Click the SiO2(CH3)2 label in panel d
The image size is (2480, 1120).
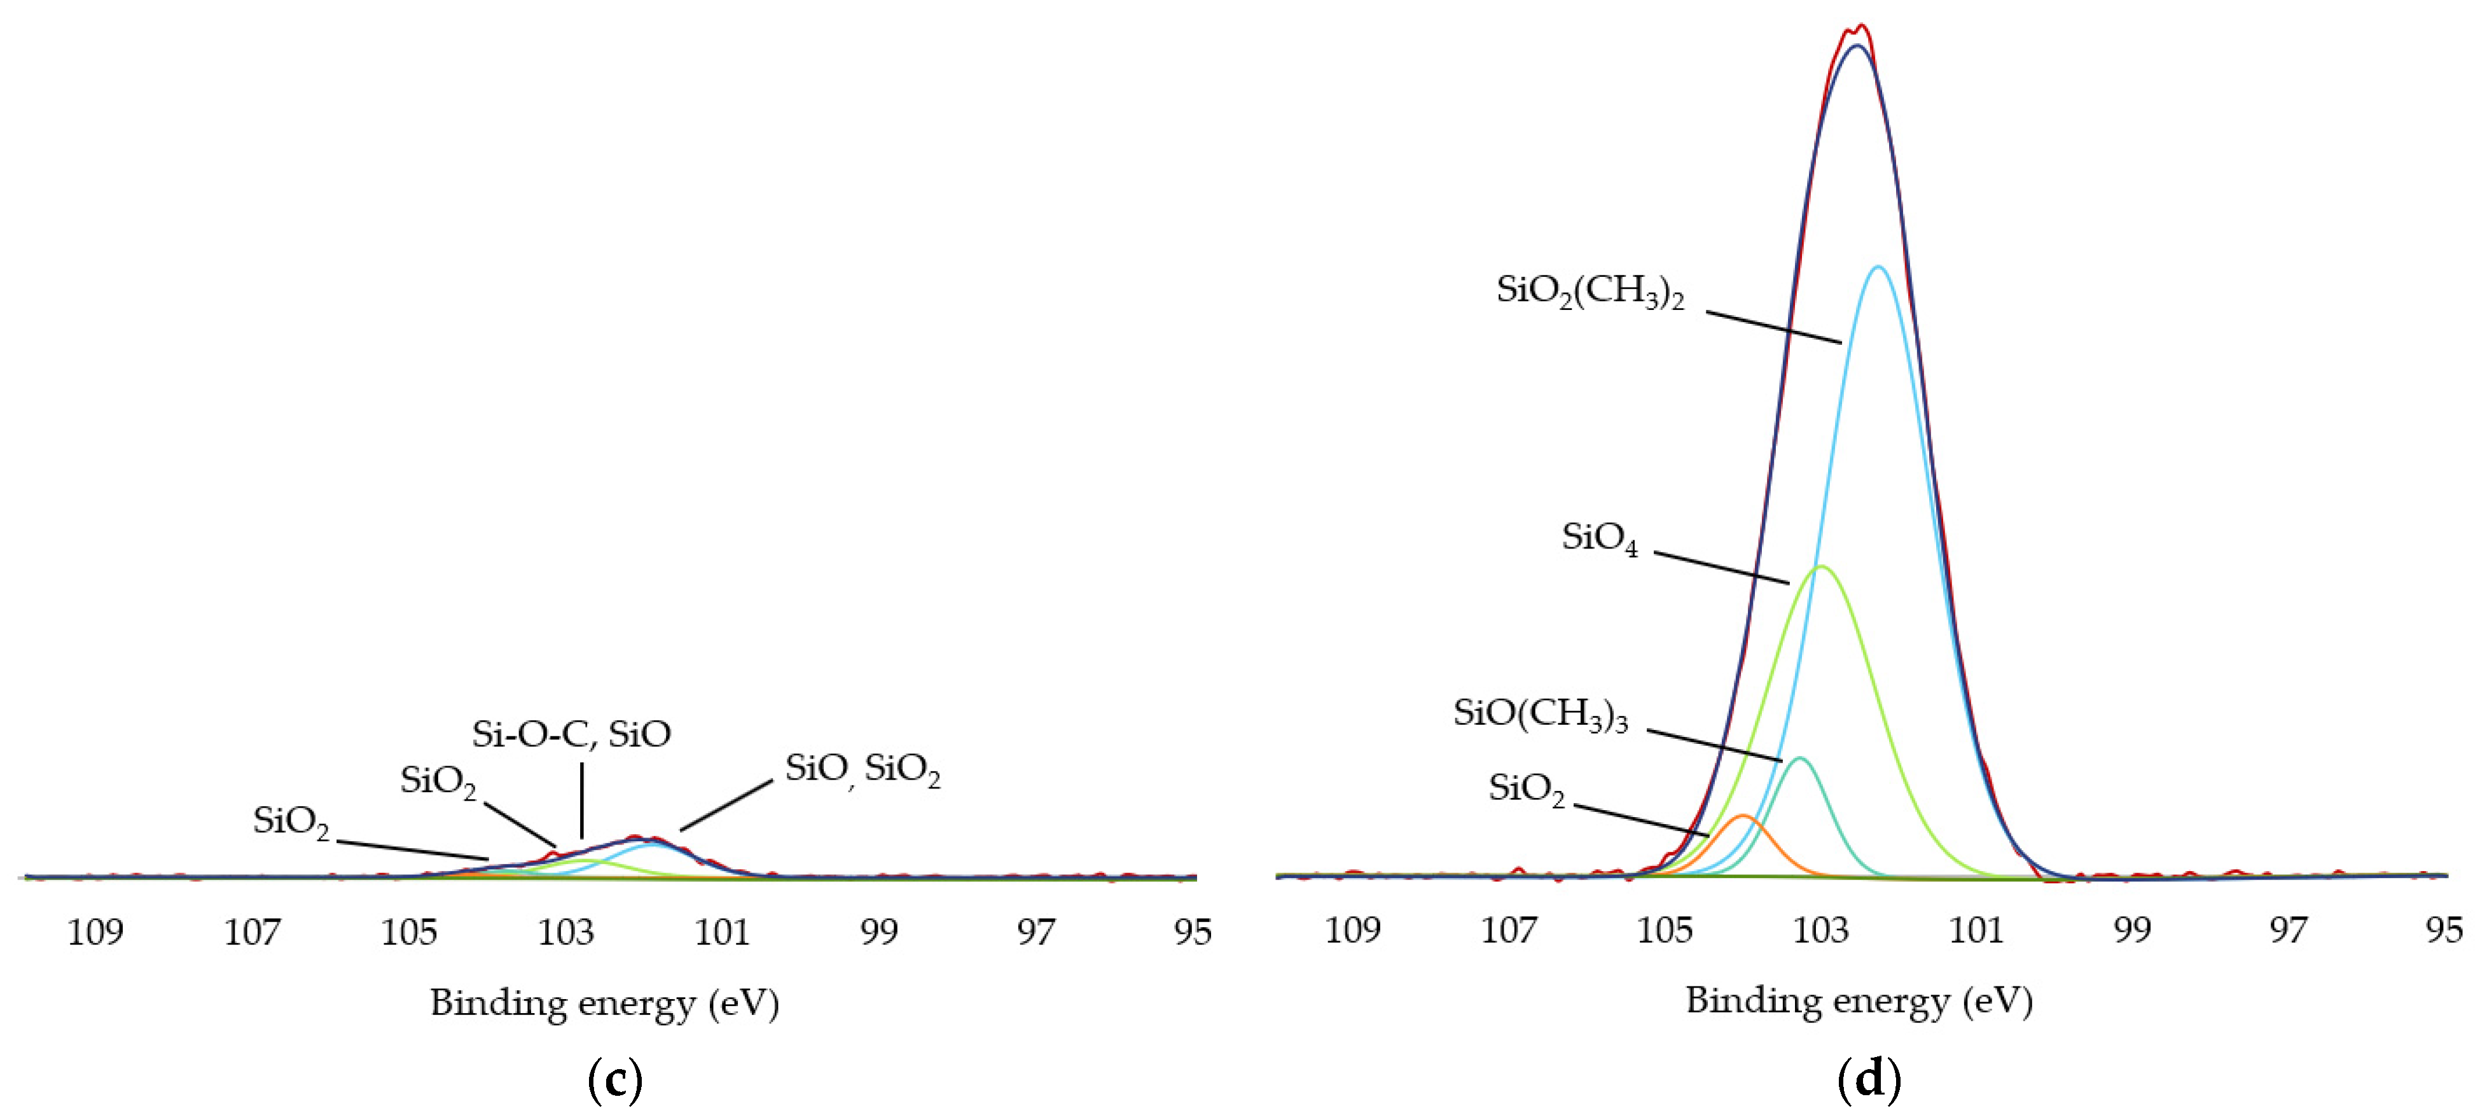(x=1590, y=291)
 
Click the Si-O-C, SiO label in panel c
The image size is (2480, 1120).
(x=571, y=735)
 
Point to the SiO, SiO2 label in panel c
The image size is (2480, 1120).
(x=862, y=769)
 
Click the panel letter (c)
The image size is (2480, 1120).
(x=614, y=1079)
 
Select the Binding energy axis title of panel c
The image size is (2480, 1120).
(x=604, y=1004)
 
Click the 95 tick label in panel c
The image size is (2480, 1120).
(x=1193, y=932)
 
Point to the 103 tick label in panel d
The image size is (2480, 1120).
(x=1820, y=930)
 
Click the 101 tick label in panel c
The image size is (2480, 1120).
(x=722, y=932)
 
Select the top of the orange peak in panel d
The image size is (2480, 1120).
(x=1743, y=816)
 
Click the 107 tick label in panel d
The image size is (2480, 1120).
(x=1509, y=930)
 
